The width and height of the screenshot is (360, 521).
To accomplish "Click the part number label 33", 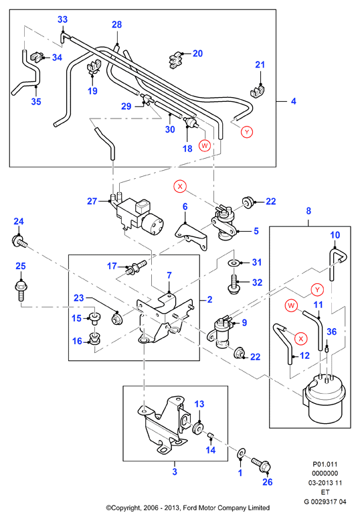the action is click(x=62, y=19).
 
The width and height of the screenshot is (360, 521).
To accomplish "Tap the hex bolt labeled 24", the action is click(x=19, y=242).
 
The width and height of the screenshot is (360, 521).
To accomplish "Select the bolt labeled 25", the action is click(x=21, y=291).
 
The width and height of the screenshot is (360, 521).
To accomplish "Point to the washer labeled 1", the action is click(x=240, y=453).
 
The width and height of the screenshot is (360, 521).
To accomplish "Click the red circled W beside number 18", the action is click(x=205, y=145).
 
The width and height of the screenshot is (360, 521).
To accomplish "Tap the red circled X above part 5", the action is click(x=180, y=186).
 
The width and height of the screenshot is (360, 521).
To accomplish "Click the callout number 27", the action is click(x=92, y=202).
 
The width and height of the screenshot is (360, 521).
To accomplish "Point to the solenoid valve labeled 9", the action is click(x=219, y=332).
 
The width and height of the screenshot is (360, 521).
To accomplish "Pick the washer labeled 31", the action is click(x=234, y=263).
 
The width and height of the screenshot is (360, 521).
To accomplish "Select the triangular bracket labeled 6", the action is click(x=191, y=237).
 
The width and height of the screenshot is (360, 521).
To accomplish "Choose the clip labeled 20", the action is click(x=177, y=60).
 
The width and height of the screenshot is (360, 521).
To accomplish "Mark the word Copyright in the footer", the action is click(x=126, y=508).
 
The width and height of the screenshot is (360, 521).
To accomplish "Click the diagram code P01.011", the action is click(x=325, y=464).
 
